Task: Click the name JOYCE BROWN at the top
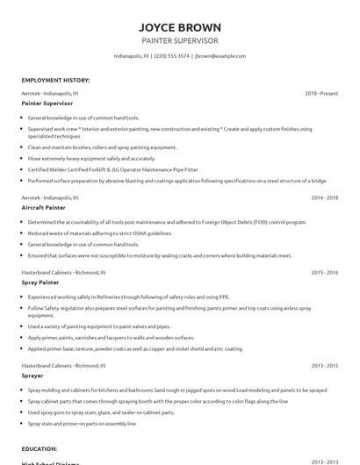click(x=180, y=26)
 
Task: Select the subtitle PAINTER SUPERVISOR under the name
click(x=180, y=40)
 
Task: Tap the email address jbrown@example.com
click(x=220, y=55)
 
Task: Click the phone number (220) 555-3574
click(x=172, y=55)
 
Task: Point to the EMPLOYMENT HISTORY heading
click(x=55, y=80)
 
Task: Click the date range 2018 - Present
click(x=321, y=92)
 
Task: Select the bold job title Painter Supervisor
click(x=49, y=103)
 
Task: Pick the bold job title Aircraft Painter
click(x=44, y=209)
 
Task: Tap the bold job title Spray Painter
click(x=40, y=283)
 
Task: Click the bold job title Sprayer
click(x=33, y=376)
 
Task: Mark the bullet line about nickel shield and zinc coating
click(x=135, y=348)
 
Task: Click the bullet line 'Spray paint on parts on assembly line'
click(x=82, y=423)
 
